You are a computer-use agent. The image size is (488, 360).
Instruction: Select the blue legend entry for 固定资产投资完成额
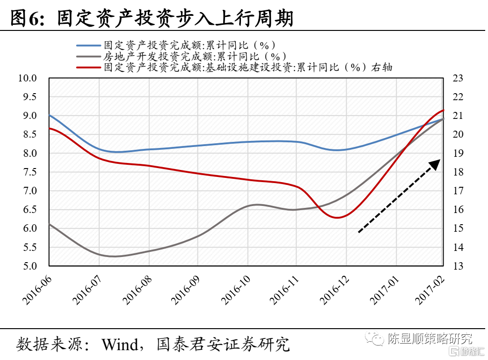tap(187, 45)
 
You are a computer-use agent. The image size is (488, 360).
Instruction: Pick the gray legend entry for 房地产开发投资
tap(187, 57)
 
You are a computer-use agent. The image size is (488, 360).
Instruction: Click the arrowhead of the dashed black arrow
tap(436, 164)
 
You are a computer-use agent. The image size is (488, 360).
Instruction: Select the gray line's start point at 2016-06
tap(50, 224)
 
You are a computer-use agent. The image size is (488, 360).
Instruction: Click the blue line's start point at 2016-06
tap(50, 115)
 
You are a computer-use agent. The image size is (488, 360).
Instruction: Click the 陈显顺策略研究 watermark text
tap(430, 338)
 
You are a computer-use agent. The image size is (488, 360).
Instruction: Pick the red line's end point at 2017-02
tap(443, 110)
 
